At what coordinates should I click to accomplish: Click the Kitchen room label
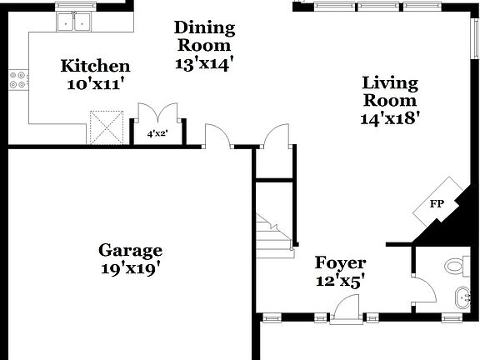point(96,66)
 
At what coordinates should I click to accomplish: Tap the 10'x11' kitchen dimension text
point(96,83)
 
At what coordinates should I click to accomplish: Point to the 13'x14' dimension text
point(204,62)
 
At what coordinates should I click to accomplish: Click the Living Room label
point(389,91)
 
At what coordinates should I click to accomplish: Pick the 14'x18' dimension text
point(389,118)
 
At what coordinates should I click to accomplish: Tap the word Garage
point(130,250)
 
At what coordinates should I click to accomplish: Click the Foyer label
point(340,264)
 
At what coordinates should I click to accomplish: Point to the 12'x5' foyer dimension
point(340,282)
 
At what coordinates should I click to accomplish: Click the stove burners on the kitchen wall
point(16,80)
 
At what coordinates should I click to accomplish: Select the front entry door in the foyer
point(343,312)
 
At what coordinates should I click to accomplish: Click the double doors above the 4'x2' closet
point(157,114)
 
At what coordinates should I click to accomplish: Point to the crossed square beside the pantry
point(107,128)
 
